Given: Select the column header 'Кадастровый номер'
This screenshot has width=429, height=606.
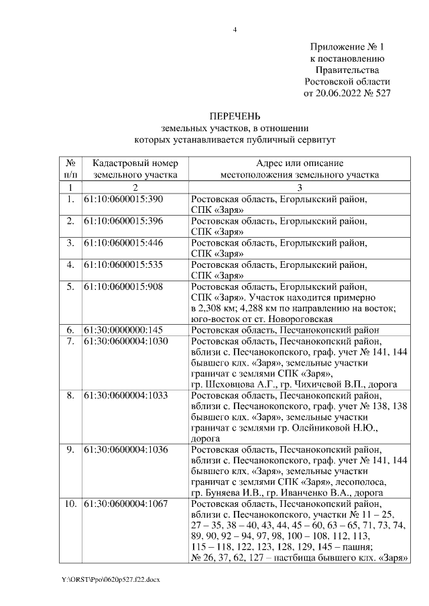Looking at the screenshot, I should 135,163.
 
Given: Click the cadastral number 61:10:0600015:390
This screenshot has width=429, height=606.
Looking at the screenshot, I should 123,200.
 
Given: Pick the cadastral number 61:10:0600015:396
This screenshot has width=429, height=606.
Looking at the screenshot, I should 123,221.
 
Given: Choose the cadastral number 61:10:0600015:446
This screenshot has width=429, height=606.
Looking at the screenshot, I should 123,242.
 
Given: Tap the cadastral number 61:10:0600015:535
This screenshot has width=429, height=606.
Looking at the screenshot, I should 123,264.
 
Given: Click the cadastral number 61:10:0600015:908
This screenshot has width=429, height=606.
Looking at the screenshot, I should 123,286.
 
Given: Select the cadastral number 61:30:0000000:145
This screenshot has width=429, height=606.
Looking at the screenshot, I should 123,329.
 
